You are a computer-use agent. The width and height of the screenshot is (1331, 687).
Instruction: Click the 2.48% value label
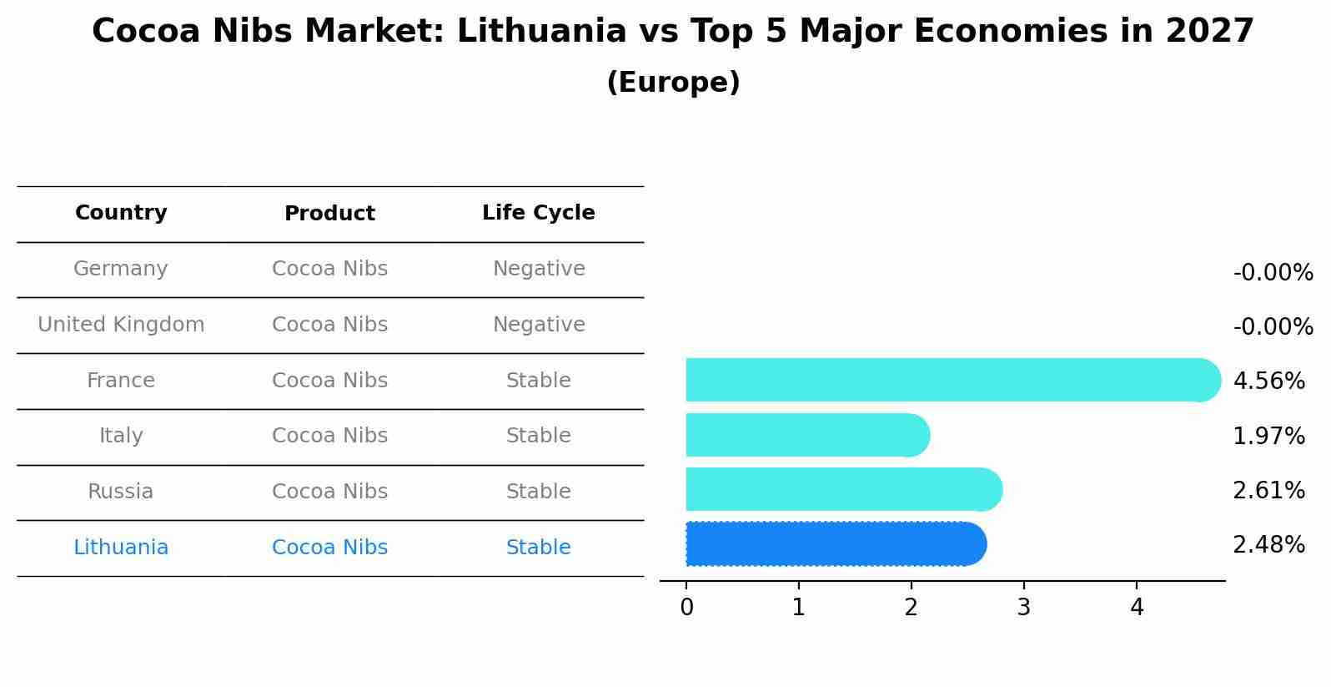pos(1268,545)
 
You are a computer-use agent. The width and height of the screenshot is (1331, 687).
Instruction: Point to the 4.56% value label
pos(1268,381)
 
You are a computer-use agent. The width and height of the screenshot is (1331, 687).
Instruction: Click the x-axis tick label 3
pos(1023,608)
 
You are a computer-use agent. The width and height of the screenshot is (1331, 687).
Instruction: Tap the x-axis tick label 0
pos(686,608)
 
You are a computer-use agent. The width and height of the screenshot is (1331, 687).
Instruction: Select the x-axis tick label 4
pos(1137,608)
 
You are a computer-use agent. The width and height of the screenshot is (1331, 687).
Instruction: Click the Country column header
pos(121,213)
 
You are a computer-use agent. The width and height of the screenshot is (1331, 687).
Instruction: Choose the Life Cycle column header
pos(539,213)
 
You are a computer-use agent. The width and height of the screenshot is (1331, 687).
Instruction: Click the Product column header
pos(329,214)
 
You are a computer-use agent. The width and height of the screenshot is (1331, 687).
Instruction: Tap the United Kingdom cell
pos(121,325)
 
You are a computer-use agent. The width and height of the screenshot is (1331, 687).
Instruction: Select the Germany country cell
pos(121,269)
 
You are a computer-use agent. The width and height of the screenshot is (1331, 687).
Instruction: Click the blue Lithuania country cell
pos(121,548)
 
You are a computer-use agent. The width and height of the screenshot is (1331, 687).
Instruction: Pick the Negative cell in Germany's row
pos(539,269)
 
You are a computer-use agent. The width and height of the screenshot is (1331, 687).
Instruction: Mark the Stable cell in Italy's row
pos(539,436)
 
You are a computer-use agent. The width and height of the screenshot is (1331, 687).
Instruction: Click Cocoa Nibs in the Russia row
pos(329,492)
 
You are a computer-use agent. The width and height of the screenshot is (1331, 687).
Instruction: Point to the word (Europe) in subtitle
pos(673,83)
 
